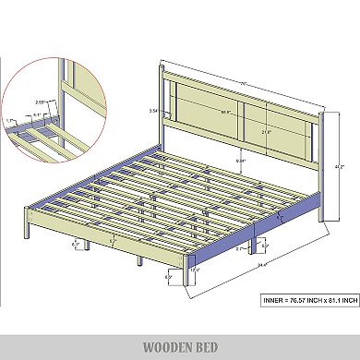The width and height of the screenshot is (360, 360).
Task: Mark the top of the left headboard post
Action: pos(162,67)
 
